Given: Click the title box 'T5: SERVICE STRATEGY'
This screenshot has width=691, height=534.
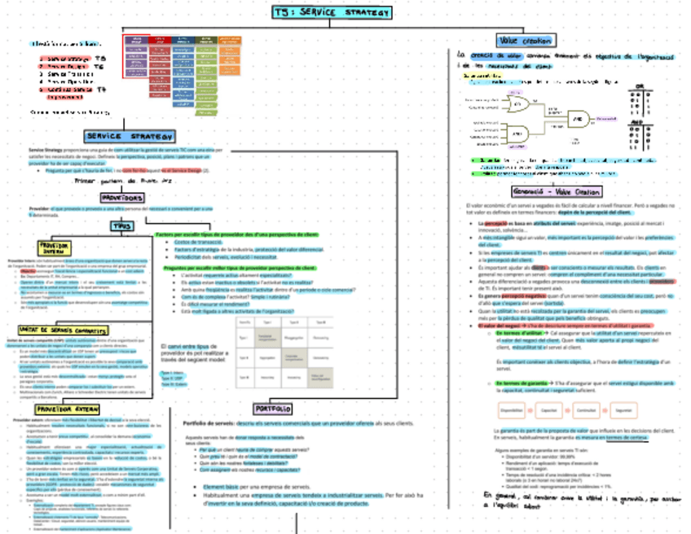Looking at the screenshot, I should (332, 13).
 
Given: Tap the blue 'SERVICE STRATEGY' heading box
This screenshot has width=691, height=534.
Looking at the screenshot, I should (130, 136).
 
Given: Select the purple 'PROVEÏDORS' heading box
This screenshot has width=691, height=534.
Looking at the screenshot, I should (124, 198).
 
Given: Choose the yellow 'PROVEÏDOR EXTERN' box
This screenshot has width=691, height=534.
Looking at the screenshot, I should (68, 409).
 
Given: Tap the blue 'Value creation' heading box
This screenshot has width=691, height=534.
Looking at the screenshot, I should (526, 40).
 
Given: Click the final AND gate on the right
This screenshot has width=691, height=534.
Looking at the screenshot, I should (581, 119).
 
